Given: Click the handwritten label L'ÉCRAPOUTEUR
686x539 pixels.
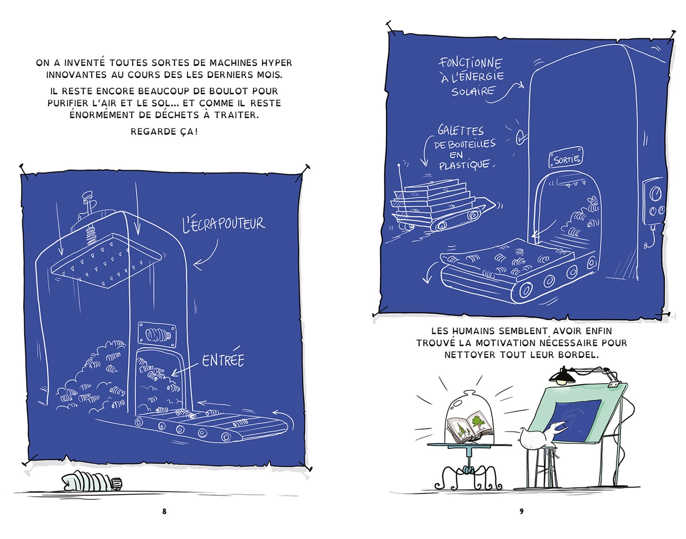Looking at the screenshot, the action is pyautogui.click(x=224, y=224).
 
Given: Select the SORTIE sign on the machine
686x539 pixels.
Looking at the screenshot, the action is pyautogui.click(x=566, y=158).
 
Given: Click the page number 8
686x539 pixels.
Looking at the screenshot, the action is pyautogui.click(x=165, y=511).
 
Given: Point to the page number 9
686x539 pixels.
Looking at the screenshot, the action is pyautogui.click(x=521, y=511).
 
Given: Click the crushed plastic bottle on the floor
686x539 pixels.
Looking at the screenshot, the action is pyautogui.click(x=92, y=481).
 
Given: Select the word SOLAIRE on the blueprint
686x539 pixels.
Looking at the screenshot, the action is pyautogui.click(x=473, y=92).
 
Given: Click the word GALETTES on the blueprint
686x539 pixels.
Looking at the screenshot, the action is pyautogui.click(x=461, y=130).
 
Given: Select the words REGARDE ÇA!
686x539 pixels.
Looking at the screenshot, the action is pyautogui.click(x=164, y=132).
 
